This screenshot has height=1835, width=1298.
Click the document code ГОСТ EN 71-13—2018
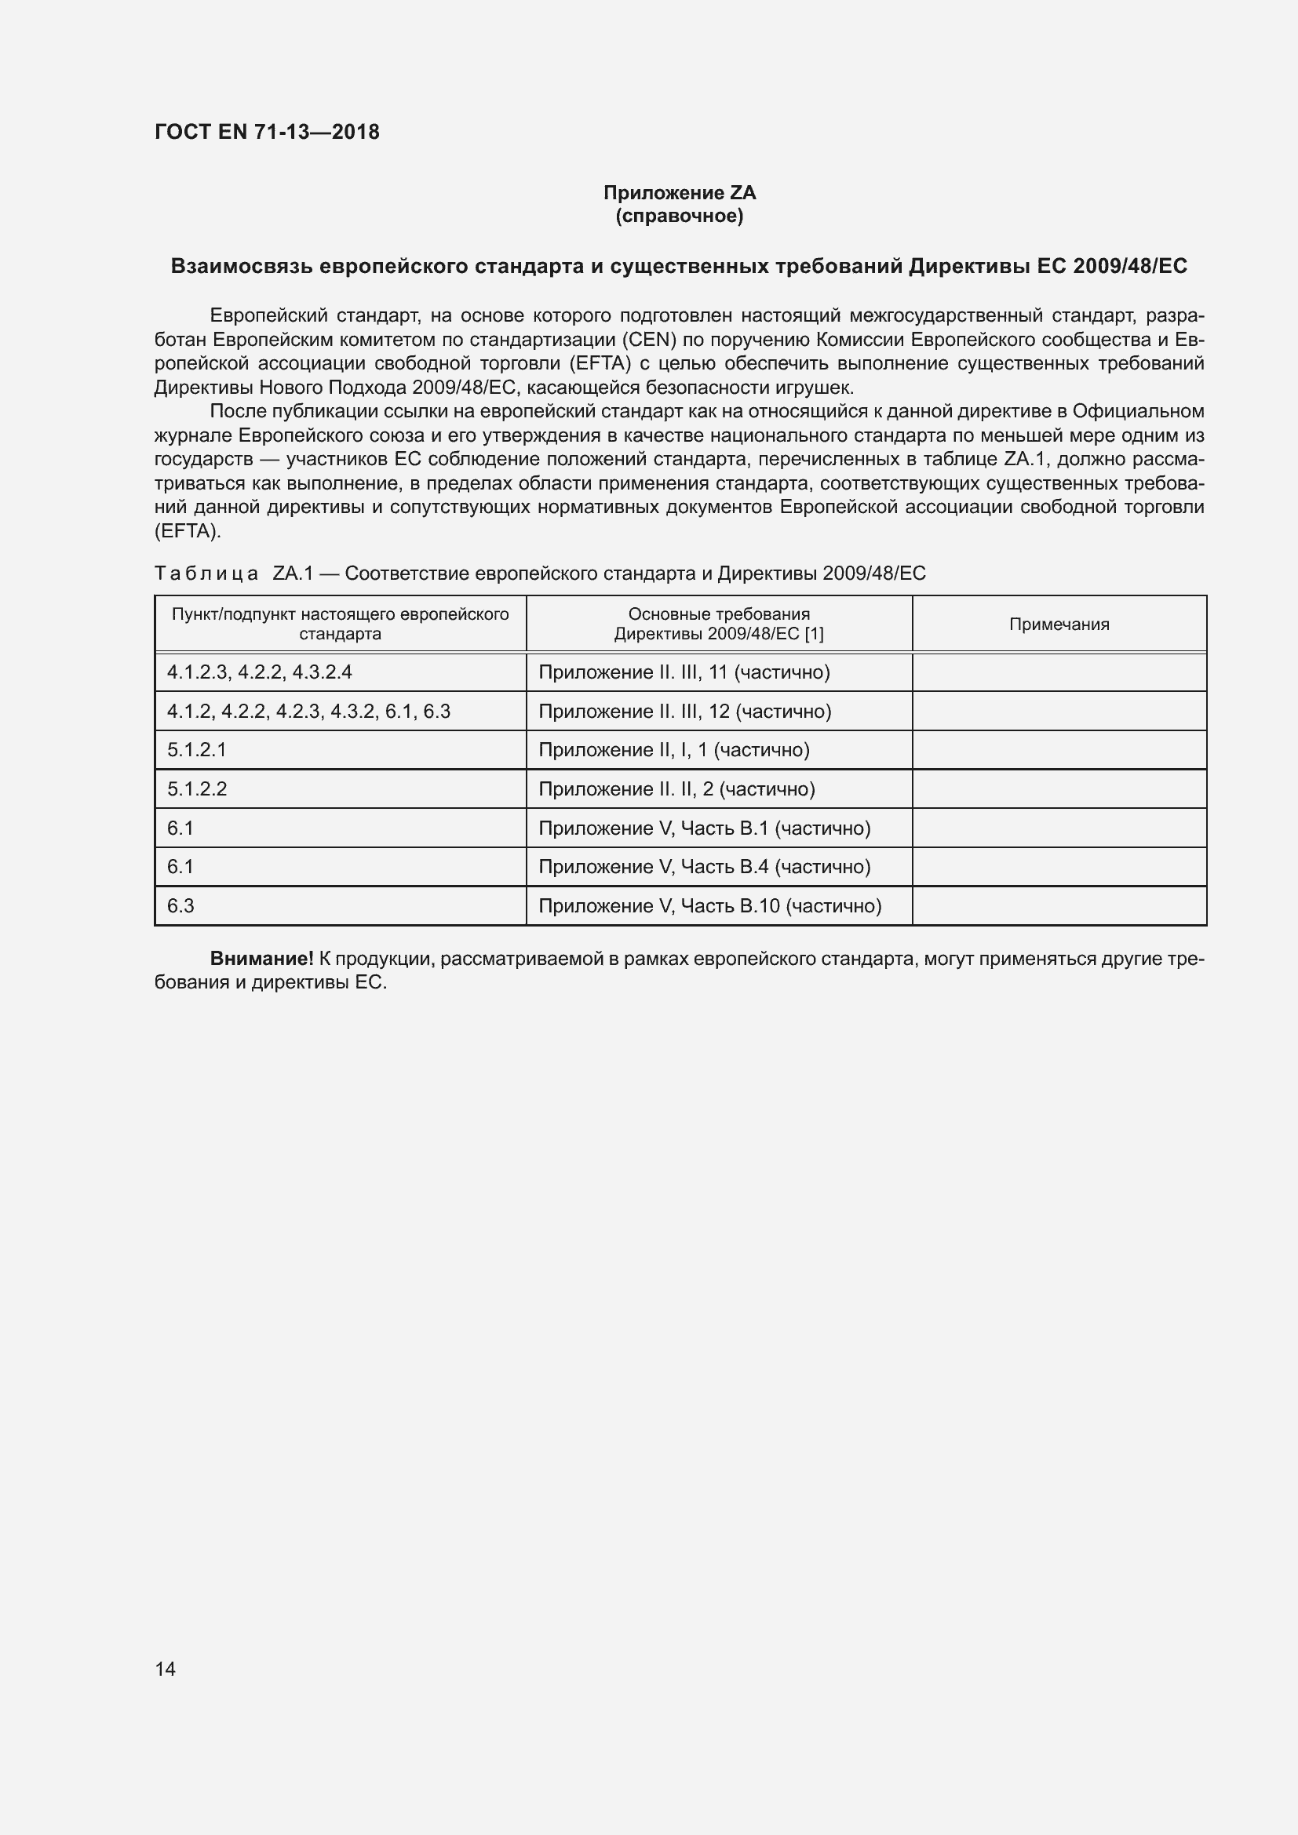[267, 132]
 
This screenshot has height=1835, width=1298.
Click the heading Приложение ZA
[680, 193]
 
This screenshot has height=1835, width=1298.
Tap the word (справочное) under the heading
[680, 216]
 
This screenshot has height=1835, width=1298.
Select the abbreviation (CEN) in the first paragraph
[649, 340]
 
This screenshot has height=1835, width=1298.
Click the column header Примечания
[1059, 624]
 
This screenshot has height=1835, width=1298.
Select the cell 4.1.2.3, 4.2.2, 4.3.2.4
[259, 672]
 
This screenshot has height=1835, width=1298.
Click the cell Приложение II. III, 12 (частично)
[685, 712]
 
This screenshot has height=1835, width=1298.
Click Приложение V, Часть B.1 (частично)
[704, 828]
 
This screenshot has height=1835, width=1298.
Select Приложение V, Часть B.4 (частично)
[704, 866]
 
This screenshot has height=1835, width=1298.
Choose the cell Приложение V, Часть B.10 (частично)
[709, 905]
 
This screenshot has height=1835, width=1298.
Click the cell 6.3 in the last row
[180, 905]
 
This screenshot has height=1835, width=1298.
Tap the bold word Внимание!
[261, 958]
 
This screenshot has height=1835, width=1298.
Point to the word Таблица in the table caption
[206, 573]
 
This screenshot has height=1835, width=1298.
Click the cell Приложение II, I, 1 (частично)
[674, 750]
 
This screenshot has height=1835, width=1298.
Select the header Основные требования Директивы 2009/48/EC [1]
[719, 624]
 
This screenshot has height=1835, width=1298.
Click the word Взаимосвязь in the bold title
[242, 266]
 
